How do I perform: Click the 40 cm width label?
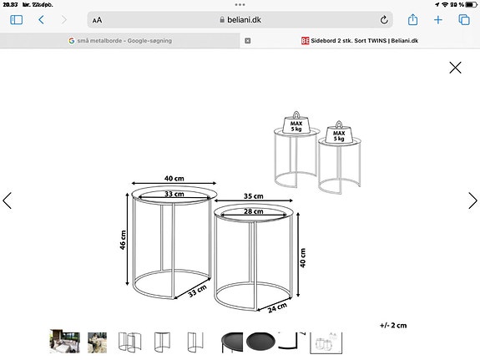(174, 179)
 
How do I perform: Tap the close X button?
(455, 68)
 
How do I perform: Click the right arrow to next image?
(472, 200)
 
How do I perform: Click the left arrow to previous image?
(8, 200)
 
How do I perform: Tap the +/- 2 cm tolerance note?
(393, 325)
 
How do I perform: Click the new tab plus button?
(437, 19)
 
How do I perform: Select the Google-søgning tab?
(121, 40)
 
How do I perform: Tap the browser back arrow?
(41, 19)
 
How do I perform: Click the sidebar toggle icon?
(17, 19)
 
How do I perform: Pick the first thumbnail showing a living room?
(65, 341)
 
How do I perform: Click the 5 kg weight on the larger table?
(296, 125)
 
